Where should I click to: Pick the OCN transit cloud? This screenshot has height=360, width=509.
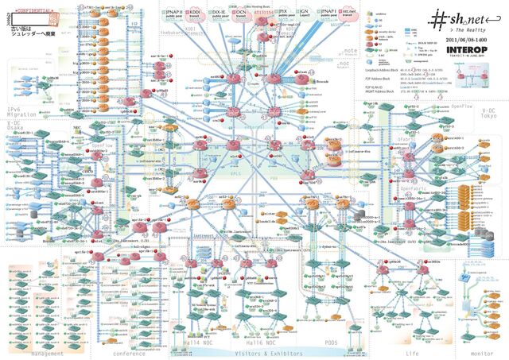tap(241, 14)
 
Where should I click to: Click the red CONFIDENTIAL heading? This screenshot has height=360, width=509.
tap(33, 4)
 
